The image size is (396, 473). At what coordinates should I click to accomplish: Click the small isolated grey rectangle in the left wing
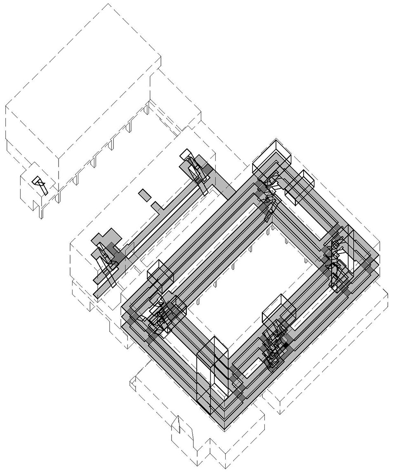pyautogui.click(x=144, y=194)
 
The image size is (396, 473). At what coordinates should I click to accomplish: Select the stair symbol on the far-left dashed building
pyautogui.click(x=40, y=185)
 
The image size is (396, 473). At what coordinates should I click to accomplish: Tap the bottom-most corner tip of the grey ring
pyautogui.click(x=224, y=429)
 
